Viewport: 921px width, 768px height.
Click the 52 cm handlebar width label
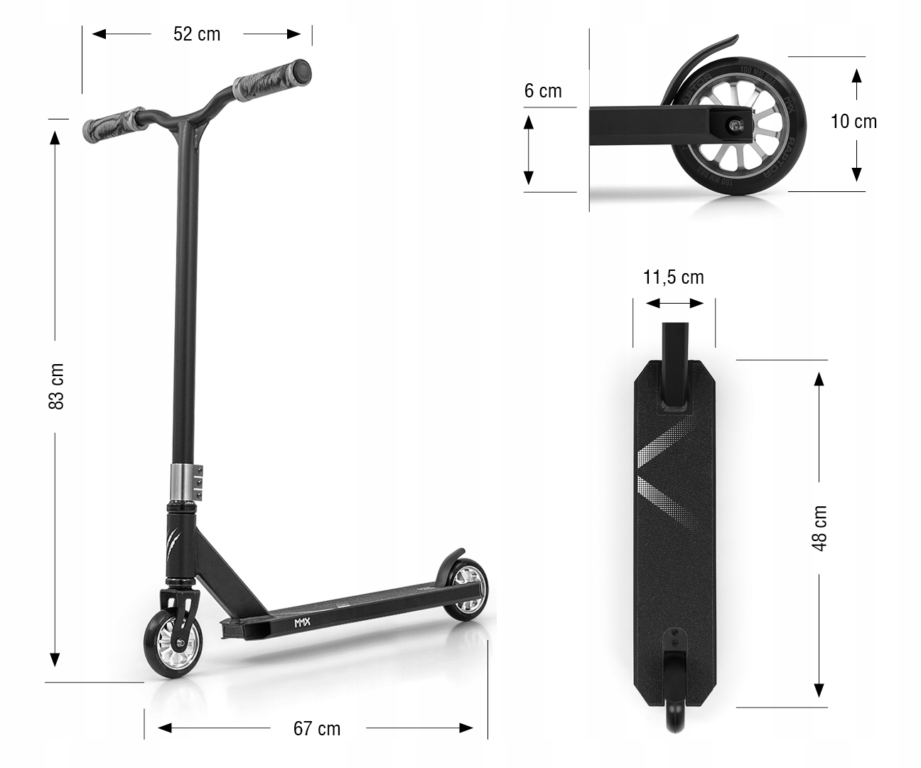pos(197,34)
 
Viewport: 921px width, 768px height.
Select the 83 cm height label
pos(57,386)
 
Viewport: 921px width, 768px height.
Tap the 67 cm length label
pos(317,729)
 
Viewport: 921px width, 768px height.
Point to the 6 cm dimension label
pos(543,91)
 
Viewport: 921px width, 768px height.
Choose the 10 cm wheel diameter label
pos(853,122)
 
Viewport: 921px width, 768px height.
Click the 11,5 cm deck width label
pos(673,277)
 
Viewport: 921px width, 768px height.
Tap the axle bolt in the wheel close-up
pos(732,125)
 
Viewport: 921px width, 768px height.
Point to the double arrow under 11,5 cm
pos(674,304)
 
